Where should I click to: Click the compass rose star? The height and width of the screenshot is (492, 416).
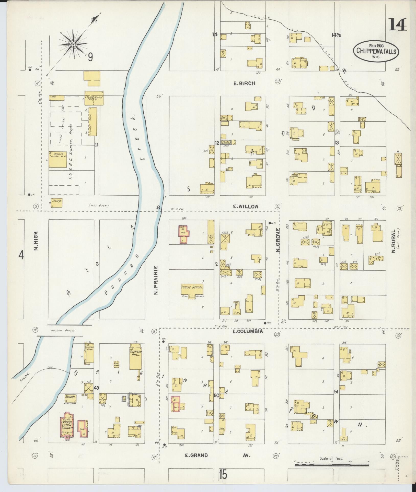coord(74,44)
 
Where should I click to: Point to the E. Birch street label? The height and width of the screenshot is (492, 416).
coord(244,83)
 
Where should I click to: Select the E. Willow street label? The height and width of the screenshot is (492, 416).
coord(246,206)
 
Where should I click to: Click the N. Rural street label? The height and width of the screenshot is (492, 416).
coord(393,241)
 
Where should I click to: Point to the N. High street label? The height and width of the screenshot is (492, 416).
coord(36,241)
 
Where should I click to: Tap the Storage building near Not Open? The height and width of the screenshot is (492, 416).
coord(56,202)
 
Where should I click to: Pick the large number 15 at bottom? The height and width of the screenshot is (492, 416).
coord(223,475)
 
